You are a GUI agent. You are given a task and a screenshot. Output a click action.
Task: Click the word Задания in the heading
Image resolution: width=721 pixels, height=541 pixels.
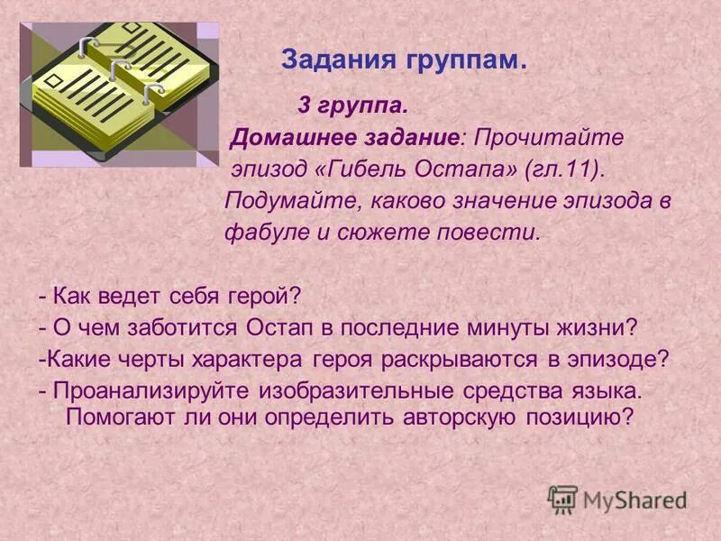point(327,60)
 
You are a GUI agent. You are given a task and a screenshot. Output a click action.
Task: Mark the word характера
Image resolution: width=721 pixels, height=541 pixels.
point(250,358)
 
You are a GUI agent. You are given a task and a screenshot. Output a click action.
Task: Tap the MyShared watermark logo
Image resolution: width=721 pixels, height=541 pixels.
point(617,499)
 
